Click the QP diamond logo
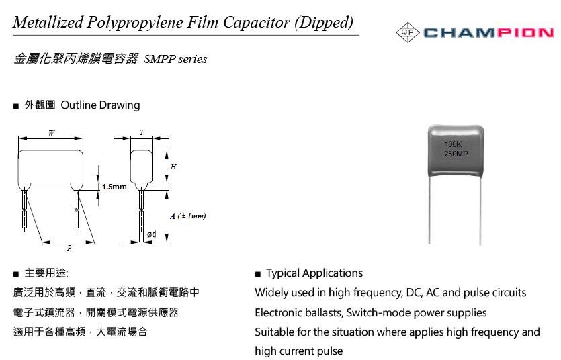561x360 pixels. point(408,32)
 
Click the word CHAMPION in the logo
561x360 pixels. point(488,33)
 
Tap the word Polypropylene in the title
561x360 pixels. point(134,23)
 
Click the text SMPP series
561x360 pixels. point(175,59)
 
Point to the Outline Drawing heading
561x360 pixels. point(100,105)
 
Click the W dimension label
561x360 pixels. point(51,133)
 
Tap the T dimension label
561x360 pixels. point(142,132)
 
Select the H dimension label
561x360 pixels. point(173,167)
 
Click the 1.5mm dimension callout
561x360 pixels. point(114,187)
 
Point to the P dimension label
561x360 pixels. point(69,248)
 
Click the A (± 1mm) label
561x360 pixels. point(188,216)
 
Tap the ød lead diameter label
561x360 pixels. point(152,234)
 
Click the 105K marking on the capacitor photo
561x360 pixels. point(453,144)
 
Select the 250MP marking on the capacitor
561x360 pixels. point(456,154)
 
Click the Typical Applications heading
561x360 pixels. point(314,273)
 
